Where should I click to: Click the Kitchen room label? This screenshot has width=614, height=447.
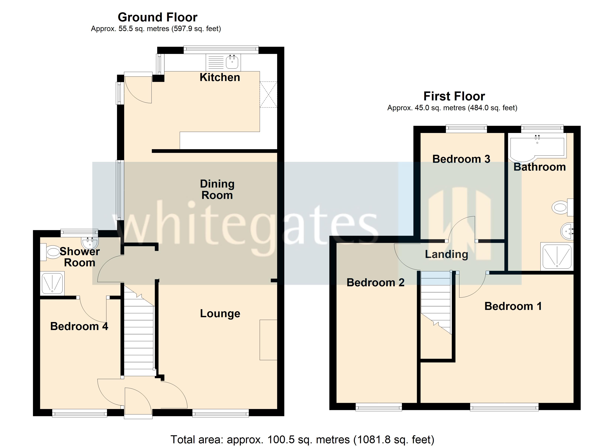[220, 77]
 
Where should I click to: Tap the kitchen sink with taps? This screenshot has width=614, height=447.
[232, 62]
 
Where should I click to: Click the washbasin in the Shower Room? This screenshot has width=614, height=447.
[90, 243]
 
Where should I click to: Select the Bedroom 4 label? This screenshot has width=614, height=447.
[79, 326]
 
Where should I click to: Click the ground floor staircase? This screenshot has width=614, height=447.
[139, 339]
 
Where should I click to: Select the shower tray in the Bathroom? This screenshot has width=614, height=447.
[557, 256]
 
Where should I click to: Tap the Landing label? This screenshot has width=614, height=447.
[446, 254]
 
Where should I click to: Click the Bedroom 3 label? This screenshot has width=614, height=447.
[461, 159]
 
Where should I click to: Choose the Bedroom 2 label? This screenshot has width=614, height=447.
[375, 283]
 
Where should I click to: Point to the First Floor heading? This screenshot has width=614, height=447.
[454, 96]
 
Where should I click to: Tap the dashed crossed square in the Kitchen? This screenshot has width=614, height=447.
[268, 94]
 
